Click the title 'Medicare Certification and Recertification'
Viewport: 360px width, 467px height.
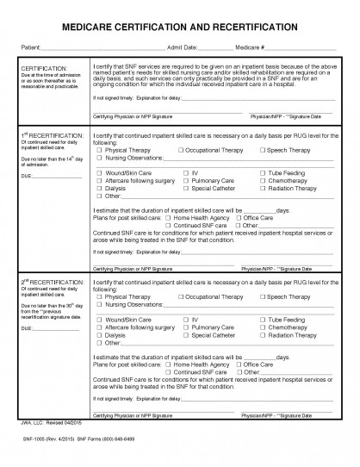180,28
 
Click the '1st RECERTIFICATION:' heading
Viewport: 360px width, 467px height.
52,136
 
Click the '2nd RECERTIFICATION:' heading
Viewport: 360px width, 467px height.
52,282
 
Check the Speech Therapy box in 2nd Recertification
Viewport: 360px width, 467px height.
260,296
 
